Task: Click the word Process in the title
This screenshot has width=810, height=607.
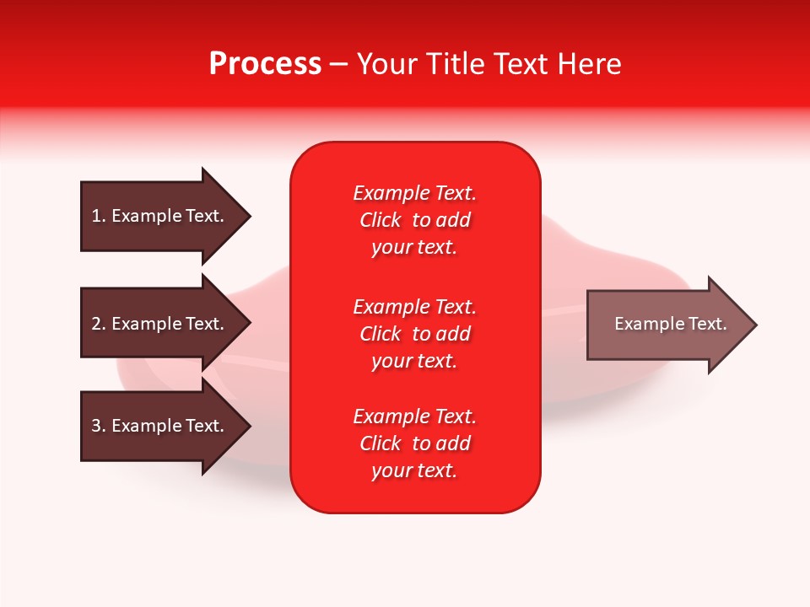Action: point(265,64)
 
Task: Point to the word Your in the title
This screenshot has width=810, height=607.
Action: point(388,64)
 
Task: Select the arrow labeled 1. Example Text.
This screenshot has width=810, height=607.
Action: point(160,216)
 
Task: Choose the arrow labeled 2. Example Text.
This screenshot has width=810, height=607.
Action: point(160,324)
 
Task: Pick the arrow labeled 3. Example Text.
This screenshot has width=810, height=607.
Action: point(160,426)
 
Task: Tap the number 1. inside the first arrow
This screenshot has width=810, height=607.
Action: point(99,216)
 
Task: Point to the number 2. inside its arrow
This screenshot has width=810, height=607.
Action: point(99,324)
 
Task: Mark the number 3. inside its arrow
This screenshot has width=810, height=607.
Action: point(99,426)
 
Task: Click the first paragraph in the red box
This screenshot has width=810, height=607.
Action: point(414,220)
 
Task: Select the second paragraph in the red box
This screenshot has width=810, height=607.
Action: point(414,334)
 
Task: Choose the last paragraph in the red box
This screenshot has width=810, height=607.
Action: point(414,443)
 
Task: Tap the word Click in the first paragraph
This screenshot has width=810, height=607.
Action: point(380,220)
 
